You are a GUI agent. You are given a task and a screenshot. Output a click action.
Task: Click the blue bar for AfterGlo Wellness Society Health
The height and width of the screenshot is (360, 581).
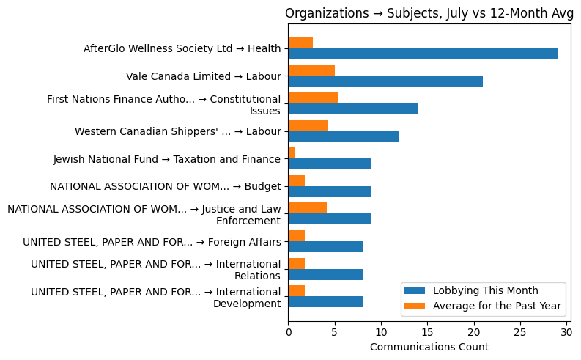tap(423, 54)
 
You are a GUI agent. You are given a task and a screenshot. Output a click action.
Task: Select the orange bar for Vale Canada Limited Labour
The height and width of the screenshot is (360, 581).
tap(311, 70)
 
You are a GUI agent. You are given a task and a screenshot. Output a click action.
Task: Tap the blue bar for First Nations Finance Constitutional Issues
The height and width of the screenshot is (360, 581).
tap(353, 109)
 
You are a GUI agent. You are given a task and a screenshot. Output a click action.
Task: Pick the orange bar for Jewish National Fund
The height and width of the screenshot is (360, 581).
tap(292, 153)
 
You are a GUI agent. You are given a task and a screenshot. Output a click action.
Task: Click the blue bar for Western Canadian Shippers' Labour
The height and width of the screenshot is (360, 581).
tap(344, 136)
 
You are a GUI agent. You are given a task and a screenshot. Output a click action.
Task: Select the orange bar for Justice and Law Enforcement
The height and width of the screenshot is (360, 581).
tap(307, 208)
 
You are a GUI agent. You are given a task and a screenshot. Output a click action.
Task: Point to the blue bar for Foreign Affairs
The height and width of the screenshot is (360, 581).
tap(325, 246)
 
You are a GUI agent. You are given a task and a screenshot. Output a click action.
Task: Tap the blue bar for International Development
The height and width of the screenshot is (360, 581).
tap(325, 301)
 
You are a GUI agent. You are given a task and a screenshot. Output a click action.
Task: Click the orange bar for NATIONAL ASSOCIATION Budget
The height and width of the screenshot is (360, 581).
tap(296, 180)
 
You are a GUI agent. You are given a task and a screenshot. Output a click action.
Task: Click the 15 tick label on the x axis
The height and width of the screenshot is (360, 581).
tap(427, 333)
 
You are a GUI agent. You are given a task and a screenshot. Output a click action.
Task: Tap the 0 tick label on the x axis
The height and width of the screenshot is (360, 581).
tap(288, 333)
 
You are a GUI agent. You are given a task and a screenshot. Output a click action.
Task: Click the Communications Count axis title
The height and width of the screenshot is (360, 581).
tap(429, 347)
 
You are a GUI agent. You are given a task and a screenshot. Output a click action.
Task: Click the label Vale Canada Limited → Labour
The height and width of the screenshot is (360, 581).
tap(203, 76)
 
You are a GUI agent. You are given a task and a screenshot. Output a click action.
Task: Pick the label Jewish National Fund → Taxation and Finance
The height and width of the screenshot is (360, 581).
tap(166, 159)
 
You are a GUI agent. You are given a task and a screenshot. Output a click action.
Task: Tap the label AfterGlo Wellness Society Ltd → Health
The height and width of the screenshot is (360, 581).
tap(182, 49)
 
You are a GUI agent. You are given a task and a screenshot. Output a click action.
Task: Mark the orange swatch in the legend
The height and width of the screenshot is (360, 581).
tap(418, 305)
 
